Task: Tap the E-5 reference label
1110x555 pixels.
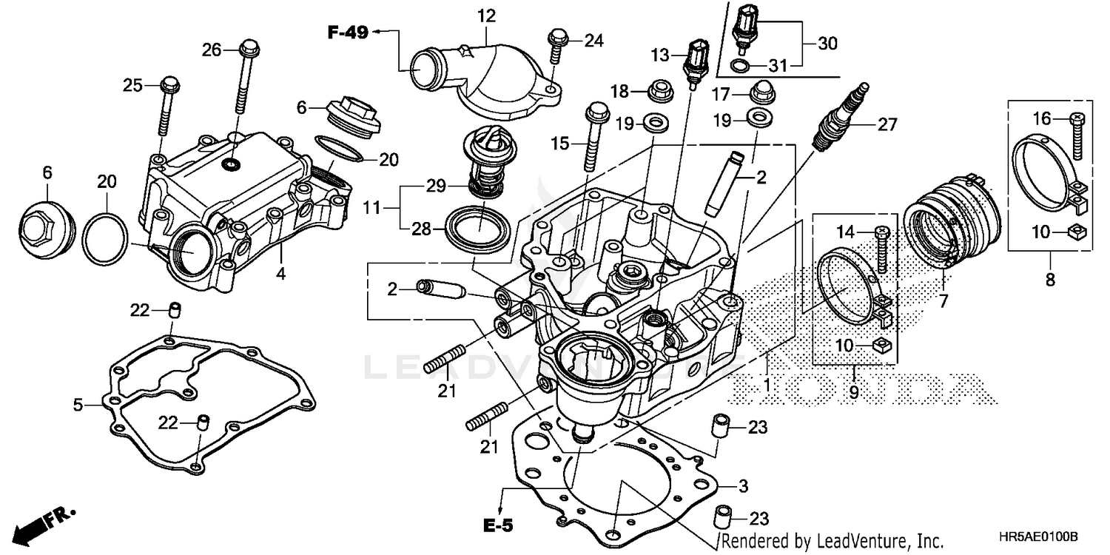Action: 498,526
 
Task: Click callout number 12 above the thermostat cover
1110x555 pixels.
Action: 486,14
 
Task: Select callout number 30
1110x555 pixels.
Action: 827,44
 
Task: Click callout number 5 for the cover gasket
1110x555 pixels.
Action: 78,404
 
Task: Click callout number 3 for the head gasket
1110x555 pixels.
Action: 743,486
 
